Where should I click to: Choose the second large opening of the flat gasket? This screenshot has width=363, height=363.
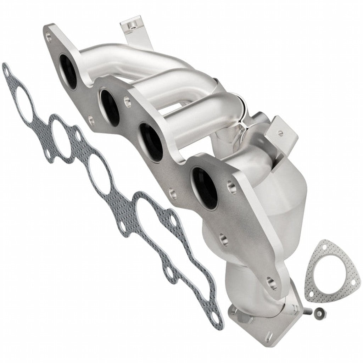[61, 136]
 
